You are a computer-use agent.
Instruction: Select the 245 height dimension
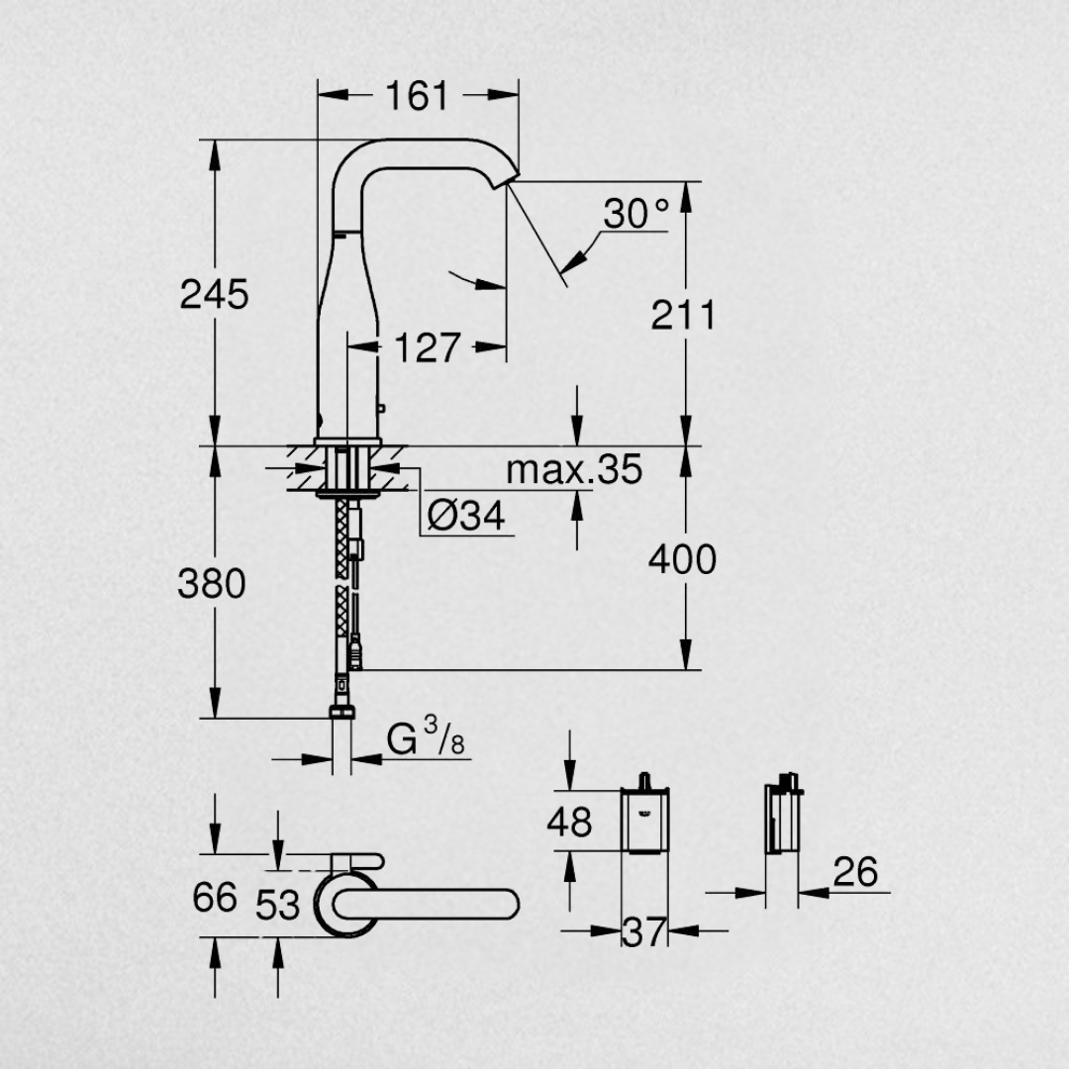214,295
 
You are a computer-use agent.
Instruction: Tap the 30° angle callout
636,213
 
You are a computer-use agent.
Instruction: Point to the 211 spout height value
683,315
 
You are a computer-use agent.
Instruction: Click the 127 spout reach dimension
428,347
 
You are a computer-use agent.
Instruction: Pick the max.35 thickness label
574,470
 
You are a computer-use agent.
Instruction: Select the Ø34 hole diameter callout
466,516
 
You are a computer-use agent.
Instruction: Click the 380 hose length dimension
212,584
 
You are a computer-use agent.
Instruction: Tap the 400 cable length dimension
682,559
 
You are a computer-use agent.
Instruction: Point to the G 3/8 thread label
426,737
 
